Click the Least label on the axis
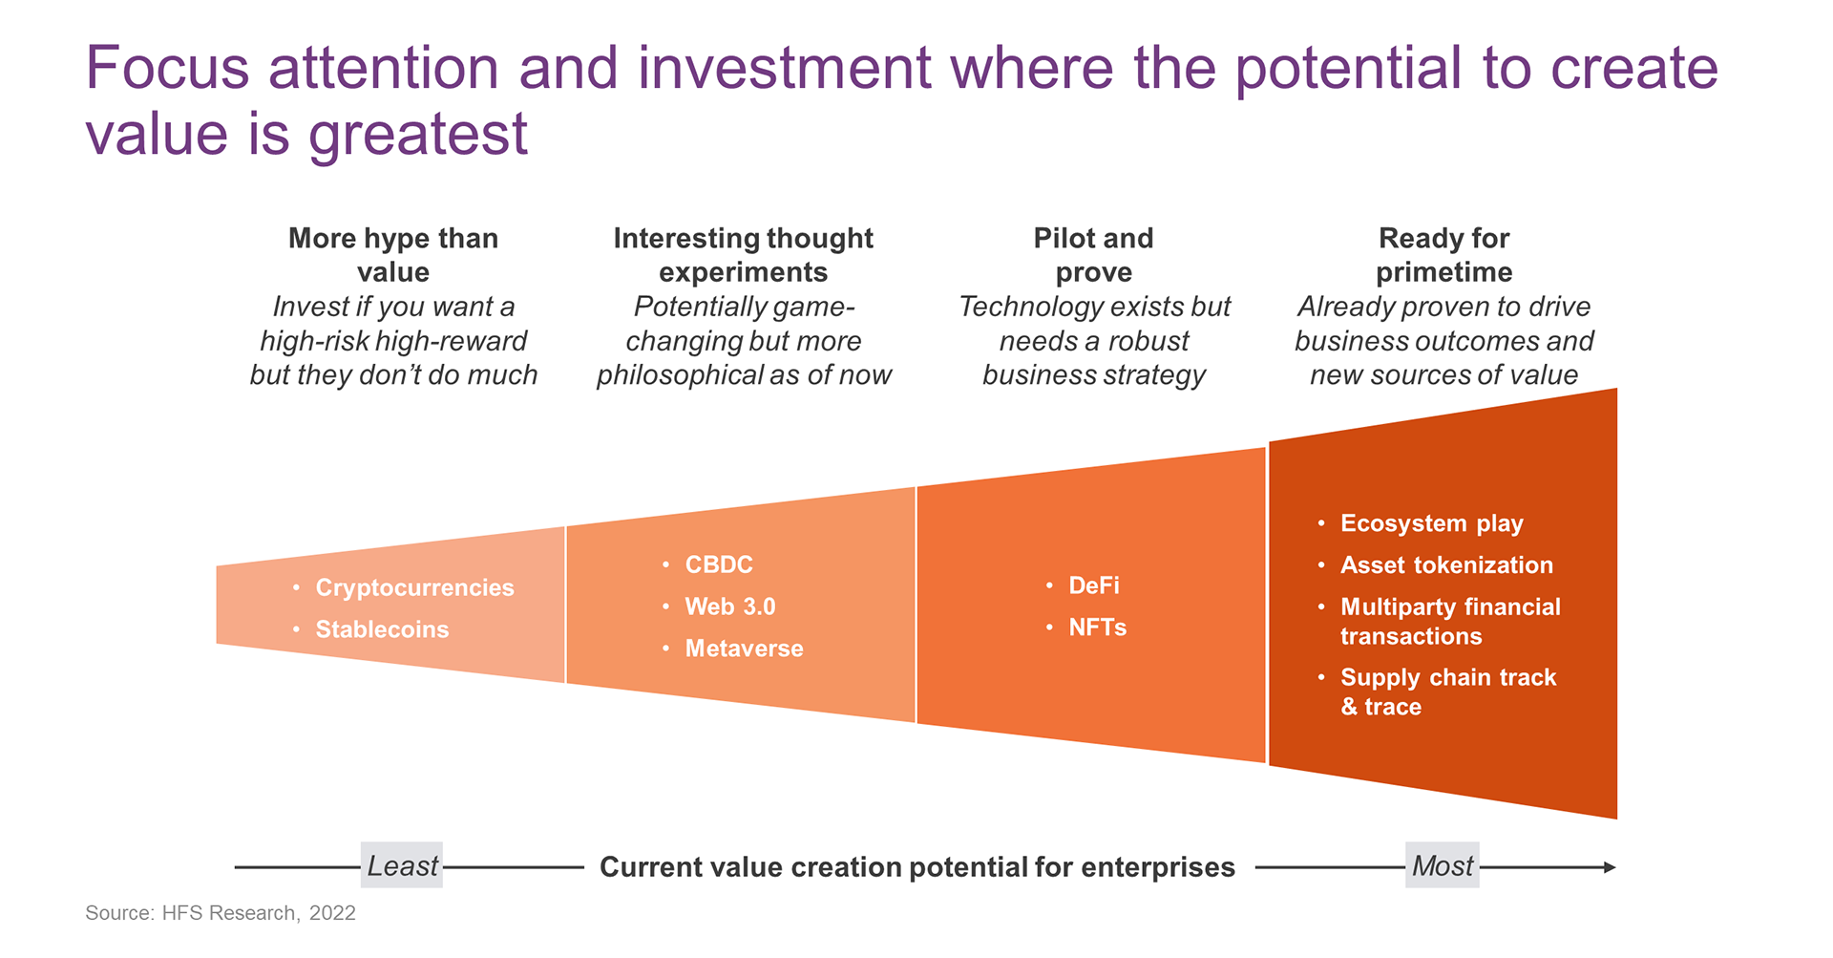pos(402,865)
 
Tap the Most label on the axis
pos(1443,865)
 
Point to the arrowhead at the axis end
pos(1610,867)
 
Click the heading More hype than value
pos(393,255)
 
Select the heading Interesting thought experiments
pos(744,255)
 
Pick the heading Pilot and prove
pos(1094,255)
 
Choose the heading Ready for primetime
pos(1444,255)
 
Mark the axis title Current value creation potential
pos(917,867)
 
